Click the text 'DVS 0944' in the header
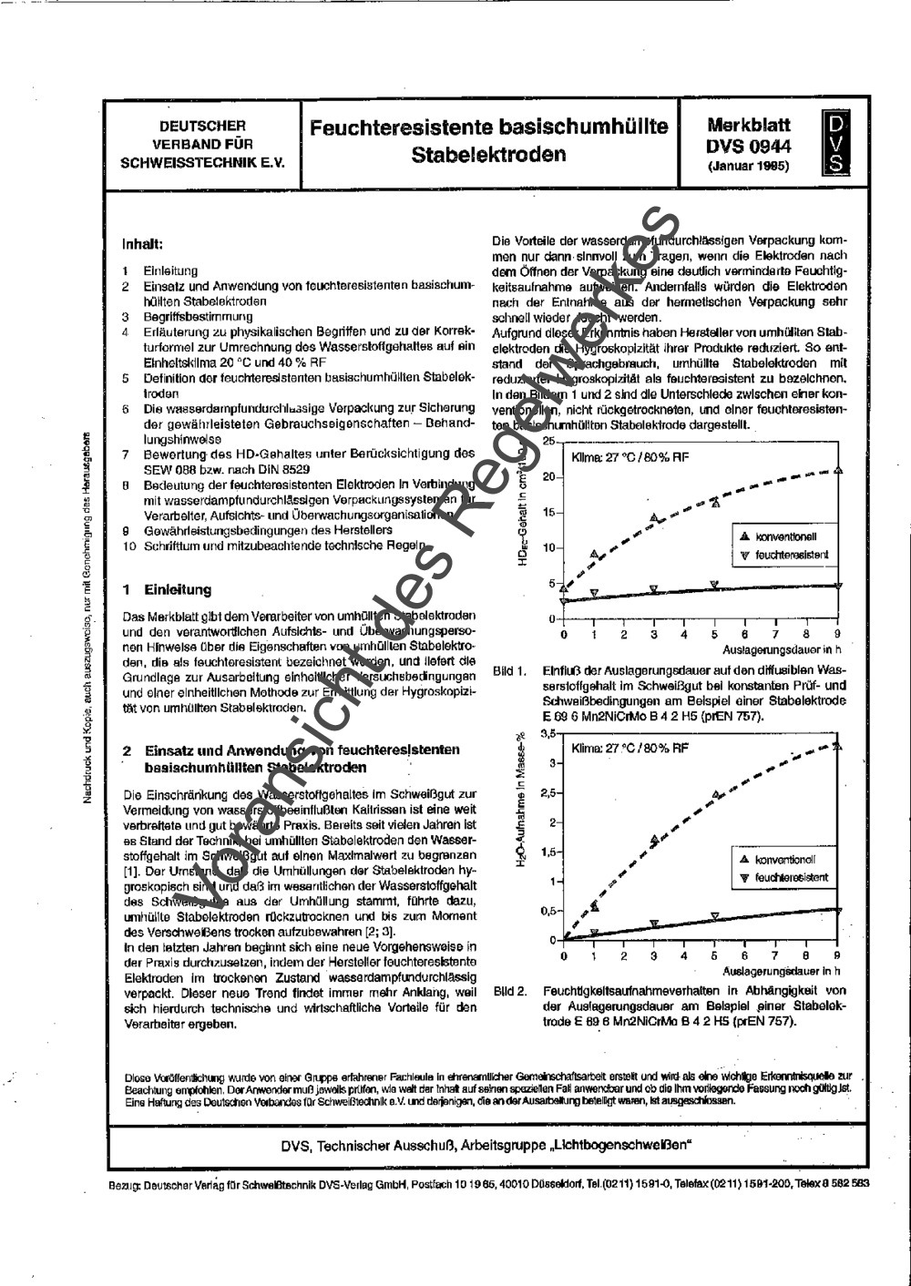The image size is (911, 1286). [x=749, y=147]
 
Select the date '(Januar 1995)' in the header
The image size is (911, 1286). [x=749, y=167]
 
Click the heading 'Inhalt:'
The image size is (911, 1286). [x=143, y=244]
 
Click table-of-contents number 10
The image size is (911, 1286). [x=129, y=546]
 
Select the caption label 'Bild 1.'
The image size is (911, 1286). [x=510, y=672]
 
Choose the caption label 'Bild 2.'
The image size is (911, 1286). [x=510, y=991]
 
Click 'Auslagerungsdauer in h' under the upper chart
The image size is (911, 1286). [x=781, y=651]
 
